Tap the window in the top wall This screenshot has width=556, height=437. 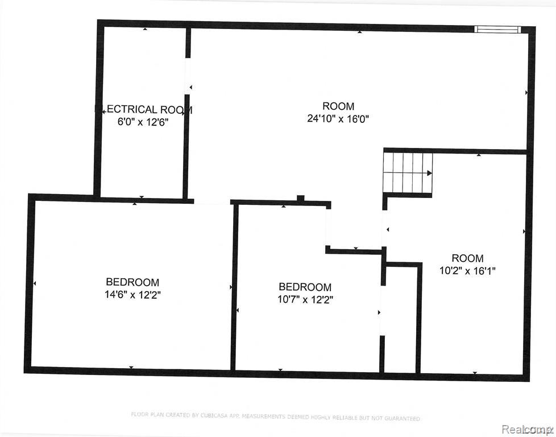pos(497,29)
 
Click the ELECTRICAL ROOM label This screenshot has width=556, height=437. pos(143,109)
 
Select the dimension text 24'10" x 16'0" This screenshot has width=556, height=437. pos(338,119)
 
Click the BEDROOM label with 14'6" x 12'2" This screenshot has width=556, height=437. pos(132,282)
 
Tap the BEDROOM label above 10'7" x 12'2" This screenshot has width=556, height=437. pos(305,287)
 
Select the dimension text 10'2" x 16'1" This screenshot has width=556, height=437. pos(468,271)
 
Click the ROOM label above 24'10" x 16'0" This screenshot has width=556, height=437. pos(338,106)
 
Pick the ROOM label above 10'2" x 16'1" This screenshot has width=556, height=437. pos(468,258)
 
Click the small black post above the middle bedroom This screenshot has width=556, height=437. pos(301,198)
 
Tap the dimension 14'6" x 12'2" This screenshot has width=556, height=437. pos(132,295)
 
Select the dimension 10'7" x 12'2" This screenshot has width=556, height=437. pos(305,300)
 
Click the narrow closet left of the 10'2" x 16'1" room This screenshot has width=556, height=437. pos(401,319)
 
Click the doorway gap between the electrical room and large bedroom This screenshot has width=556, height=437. pos(211,201)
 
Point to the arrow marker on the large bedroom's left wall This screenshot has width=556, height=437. pos(35,283)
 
